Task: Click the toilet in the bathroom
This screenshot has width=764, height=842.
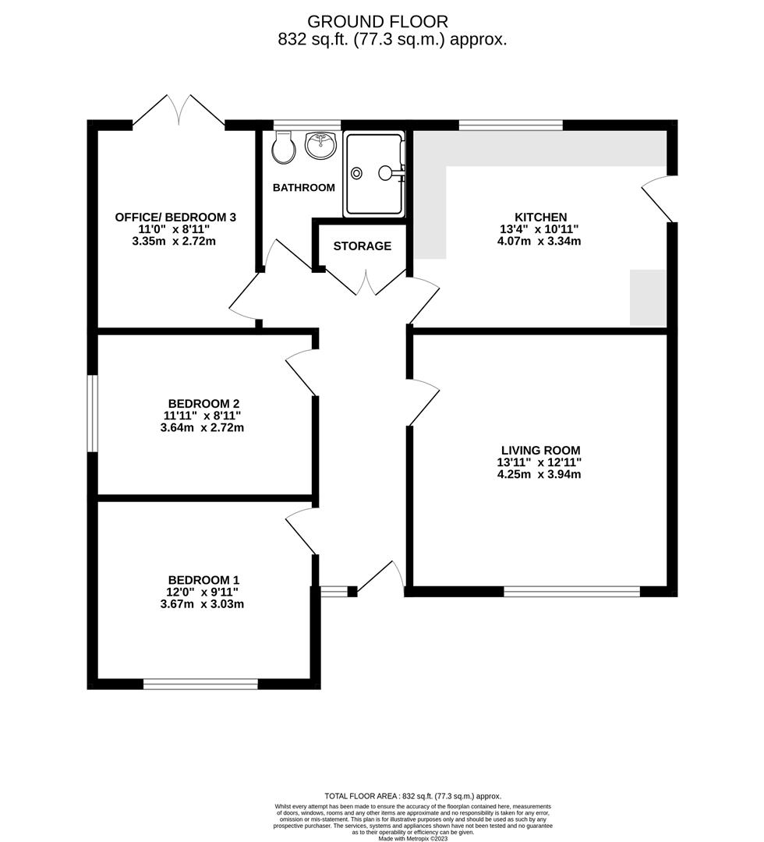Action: pyautogui.click(x=284, y=147)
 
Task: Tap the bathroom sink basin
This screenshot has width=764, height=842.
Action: pyautogui.click(x=320, y=145)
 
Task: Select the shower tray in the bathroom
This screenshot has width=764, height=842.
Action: pyautogui.click(x=374, y=175)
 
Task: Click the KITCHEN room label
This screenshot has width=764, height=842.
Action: pyautogui.click(x=540, y=217)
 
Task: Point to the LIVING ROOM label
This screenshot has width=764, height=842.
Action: pyautogui.click(x=541, y=451)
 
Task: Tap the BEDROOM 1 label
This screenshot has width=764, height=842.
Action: pyautogui.click(x=203, y=580)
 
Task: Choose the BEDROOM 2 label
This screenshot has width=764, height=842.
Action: pyautogui.click(x=203, y=404)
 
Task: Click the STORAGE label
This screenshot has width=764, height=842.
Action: pyautogui.click(x=363, y=246)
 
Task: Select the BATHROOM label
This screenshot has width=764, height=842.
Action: pyautogui.click(x=304, y=187)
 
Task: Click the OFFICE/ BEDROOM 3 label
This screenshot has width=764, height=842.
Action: pyautogui.click(x=175, y=217)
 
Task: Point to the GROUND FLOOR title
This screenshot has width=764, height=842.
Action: pyautogui.click(x=377, y=22)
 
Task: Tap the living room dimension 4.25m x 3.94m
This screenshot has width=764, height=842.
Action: pyautogui.click(x=539, y=474)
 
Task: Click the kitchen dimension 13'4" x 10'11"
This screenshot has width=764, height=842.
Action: pyautogui.click(x=539, y=228)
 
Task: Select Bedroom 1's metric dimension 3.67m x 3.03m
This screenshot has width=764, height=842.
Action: pyautogui.click(x=203, y=604)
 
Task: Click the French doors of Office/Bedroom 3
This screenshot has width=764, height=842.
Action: pyautogui.click(x=179, y=111)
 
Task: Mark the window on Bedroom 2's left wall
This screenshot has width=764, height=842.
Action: pyautogui.click(x=92, y=413)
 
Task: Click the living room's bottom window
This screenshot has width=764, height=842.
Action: pyautogui.click(x=571, y=592)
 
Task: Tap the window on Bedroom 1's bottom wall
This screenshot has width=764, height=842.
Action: pyautogui.click(x=200, y=684)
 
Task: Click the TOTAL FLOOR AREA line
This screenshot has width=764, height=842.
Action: pyautogui.click(x=413, y=796)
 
